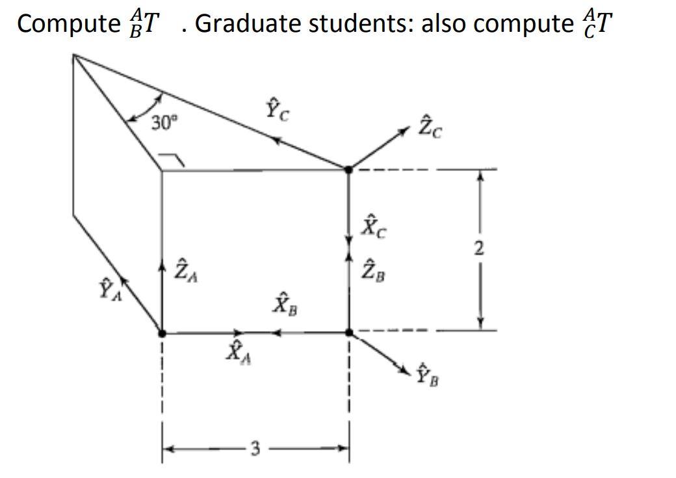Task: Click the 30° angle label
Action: coord(163,122)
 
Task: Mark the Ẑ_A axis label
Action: coord(183,269)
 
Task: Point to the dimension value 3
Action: coord(255,448)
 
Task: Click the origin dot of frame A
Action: coord(162,333)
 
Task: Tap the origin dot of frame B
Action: coord(348,332)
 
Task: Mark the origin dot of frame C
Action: coord(348,169)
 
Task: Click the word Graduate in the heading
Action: coord(247,23)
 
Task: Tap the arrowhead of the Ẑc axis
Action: coord(408,133)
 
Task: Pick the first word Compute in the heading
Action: coord(65,23)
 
